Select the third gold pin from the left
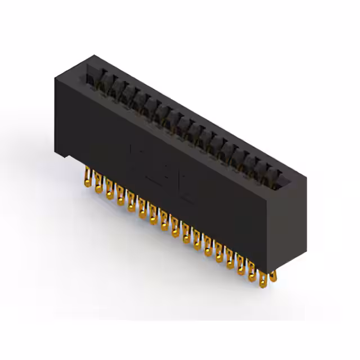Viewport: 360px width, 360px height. tap(109, 191)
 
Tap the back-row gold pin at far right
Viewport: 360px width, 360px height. tap(274, 276)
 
